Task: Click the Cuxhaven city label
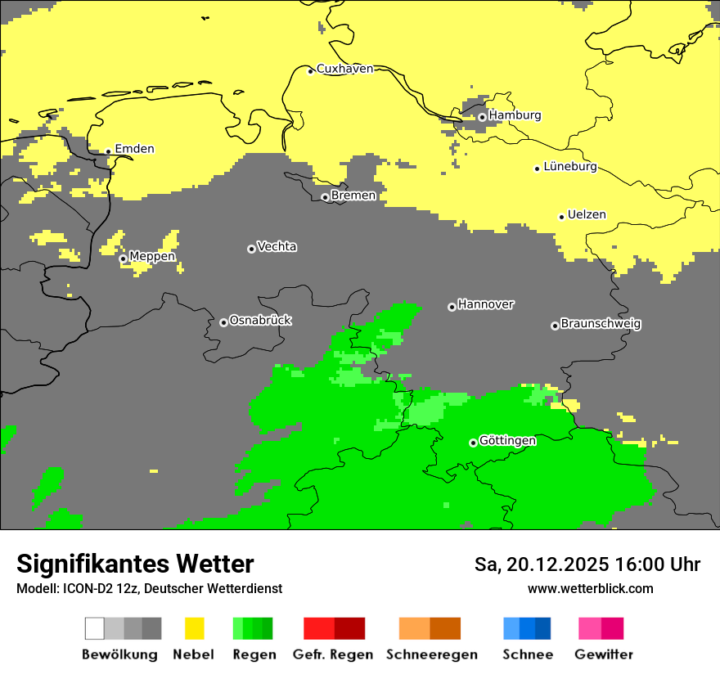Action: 344,69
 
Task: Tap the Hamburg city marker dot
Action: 482,117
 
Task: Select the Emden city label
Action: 134,149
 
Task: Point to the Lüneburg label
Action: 570,167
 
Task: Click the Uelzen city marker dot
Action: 561,217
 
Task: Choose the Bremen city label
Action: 353,196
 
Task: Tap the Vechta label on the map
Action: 277,246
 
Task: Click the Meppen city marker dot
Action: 123,259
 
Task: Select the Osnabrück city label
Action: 260,321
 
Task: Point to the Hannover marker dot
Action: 452,307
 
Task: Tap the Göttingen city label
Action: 507,441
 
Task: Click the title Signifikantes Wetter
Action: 135,564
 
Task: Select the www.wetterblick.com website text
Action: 590,589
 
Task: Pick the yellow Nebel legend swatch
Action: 194,628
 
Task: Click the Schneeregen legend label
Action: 431,654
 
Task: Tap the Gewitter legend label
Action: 603,654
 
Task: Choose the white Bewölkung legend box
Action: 94,628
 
